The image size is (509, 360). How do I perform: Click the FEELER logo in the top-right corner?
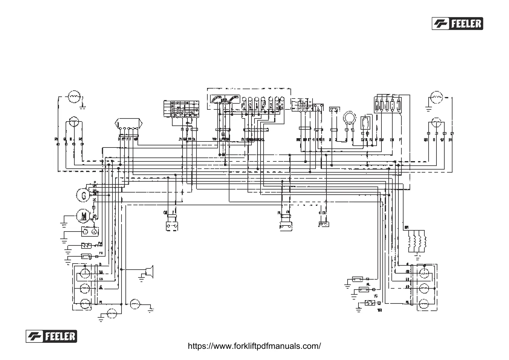[x=457, y=23]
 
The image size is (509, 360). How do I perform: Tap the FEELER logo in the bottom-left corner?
[x=51, y=336]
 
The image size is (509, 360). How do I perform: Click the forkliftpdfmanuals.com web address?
[x=254, y=346]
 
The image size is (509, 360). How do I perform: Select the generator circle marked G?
[x=83, y=195]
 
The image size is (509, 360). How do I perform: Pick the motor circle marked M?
[x=83, y=216]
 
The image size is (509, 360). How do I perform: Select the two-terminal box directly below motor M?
[x=90, y=232]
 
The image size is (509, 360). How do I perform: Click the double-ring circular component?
[x=350, y=118]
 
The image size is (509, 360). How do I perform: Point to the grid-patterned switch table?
[x=181, y=109]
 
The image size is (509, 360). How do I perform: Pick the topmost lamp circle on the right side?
[x=436, y=97]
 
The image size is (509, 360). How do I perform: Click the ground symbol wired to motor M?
[x=63, y=224]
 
